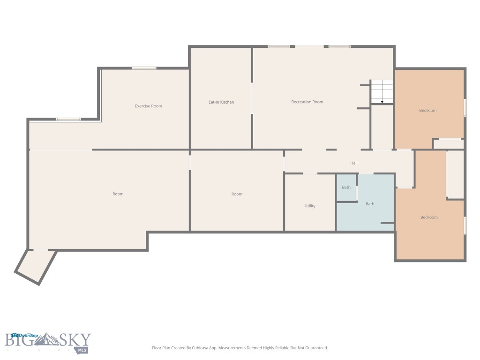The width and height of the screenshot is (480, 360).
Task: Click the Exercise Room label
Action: click(148, 106)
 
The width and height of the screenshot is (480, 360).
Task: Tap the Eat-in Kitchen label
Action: click(221, 102)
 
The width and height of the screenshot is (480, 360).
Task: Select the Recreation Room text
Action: click(307, 102)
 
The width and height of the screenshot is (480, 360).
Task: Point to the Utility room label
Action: click(310, 206)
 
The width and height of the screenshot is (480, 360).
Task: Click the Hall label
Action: click(354, 163)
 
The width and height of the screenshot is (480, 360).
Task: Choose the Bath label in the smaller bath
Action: click(346, 187)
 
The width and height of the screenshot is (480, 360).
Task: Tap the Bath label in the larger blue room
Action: click(370, 204)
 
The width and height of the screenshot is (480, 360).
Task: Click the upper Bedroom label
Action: click(427, 111)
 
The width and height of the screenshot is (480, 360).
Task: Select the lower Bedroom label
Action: click(428, 217)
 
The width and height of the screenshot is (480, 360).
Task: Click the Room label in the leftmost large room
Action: click(118, 194)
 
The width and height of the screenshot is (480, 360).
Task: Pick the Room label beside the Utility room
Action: click(237, 194)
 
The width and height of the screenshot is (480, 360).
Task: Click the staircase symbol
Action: click(382, 91)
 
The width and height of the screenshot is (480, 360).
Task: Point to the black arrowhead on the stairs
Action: click(382, 102)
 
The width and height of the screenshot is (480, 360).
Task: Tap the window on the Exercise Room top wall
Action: click(144, 68)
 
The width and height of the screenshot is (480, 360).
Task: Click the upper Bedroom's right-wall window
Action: click(465, 107)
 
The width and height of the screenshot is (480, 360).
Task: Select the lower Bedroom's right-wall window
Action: click(465, 225)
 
